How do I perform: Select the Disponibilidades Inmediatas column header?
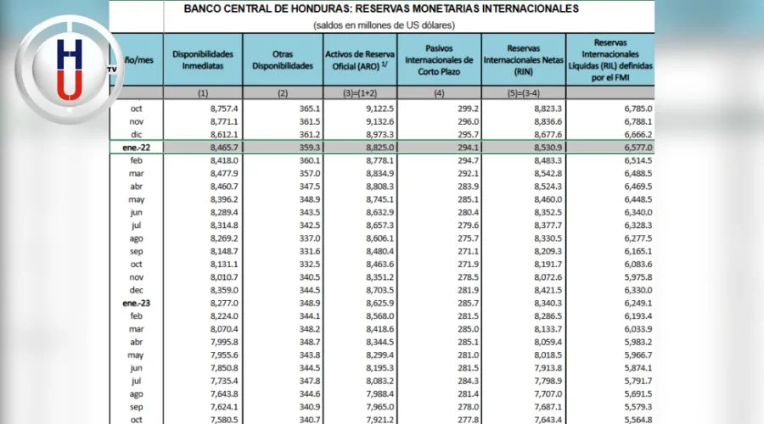[202, 59]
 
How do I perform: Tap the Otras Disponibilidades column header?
[283, 59]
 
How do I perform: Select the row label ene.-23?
[138, 303]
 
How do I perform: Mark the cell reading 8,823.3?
[542, 108]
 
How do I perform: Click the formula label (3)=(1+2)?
[360, 93]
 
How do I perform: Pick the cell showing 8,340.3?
[542, 303]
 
